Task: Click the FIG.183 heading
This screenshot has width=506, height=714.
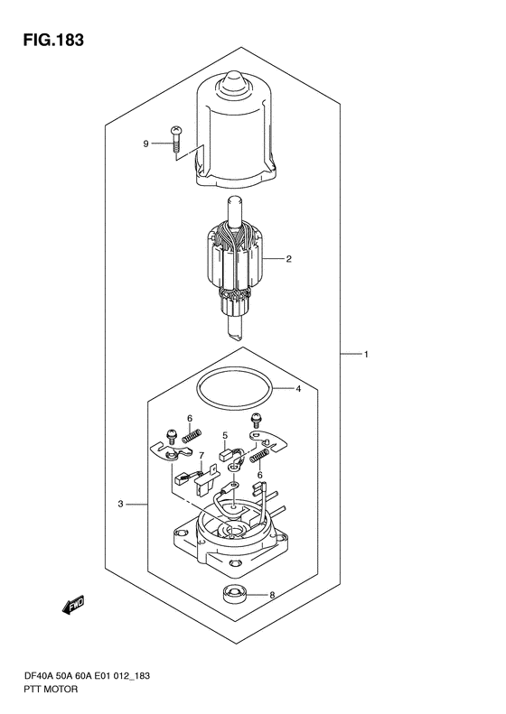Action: [54, 40]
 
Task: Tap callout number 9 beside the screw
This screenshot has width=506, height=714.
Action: [145, 144]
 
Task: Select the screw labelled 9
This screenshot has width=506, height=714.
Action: [175, 139]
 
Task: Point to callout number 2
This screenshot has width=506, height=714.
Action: [288, 259]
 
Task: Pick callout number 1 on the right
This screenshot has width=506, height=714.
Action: [366, 354]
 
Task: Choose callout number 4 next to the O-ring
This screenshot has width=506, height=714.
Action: [298, 389]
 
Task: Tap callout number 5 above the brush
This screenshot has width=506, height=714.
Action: [225, 436]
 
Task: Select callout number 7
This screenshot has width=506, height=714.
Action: [201, 455]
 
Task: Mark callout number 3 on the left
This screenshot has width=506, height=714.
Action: [120, 504]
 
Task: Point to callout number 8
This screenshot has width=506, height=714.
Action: [273, 595]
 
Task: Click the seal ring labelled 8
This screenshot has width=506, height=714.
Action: [233, 594]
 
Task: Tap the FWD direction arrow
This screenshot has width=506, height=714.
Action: [73, 605]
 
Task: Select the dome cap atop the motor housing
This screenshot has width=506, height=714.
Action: [233, 83]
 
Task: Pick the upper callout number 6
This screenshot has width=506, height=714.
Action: [190, 419]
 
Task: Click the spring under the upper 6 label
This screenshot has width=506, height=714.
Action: [192, 435]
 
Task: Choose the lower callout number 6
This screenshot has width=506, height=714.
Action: [260, 475]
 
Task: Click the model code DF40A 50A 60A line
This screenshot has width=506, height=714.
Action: [86, 676]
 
